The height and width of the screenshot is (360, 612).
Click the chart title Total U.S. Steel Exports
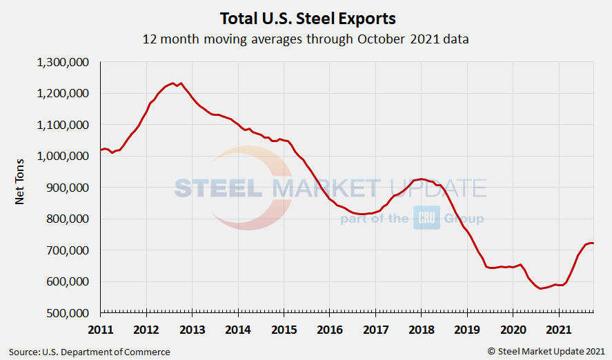click(307, 18)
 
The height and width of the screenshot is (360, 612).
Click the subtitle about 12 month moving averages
click(306, 39)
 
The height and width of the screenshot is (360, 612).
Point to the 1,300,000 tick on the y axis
click(62, 62)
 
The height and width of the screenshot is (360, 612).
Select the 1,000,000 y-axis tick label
click(62, 156)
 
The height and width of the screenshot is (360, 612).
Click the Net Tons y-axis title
click(21, 187)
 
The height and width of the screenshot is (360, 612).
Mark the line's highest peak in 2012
click(173, 83)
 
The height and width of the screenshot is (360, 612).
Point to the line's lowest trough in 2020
click(541, 288)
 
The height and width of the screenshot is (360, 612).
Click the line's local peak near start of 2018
click(422, 179)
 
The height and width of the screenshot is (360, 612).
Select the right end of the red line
click(593, 243)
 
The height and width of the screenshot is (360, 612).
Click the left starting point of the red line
click(101, 150)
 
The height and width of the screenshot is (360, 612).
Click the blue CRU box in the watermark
click(426, 219)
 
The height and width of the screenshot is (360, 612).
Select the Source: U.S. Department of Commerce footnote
click(90, 352)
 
